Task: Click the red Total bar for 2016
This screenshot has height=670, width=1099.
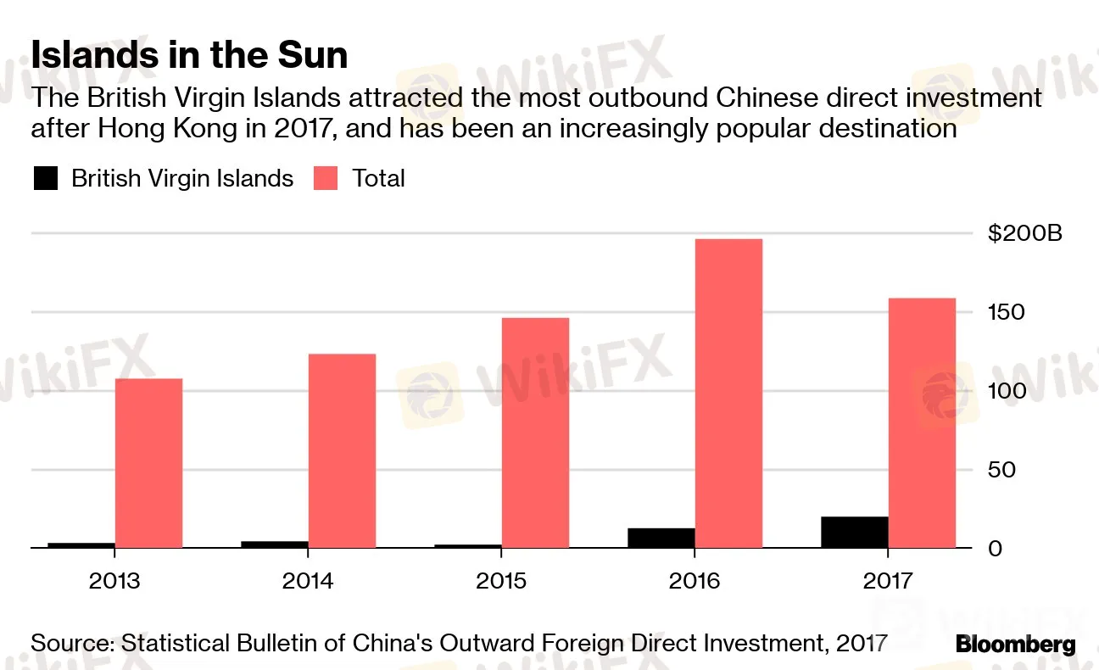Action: click(728, 394)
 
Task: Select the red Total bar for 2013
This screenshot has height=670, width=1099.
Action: click(148, 463)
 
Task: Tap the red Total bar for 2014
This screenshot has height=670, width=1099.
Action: click(342, 450)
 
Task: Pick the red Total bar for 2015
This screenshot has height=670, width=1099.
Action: click(535, 433)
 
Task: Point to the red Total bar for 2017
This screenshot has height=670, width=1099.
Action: click(922, 423)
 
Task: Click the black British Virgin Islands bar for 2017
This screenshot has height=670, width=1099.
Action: click(854, 533)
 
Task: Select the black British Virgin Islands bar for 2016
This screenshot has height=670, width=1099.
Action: click(661, 539)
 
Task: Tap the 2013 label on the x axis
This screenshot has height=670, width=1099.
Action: click(115, 581)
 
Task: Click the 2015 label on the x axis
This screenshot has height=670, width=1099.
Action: click(501, 581)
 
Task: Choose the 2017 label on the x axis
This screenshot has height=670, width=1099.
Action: click(888, 581)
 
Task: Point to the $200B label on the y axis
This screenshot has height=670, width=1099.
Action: click(1024, 233)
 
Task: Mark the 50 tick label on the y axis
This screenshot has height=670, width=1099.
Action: click(1001, 470)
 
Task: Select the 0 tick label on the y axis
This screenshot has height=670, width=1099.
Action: click(995, 549)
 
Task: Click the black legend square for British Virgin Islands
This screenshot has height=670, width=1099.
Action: click(46, 178)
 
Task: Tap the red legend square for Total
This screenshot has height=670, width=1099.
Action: click(326, 178)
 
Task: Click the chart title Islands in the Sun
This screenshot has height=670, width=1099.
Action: click(189, 56)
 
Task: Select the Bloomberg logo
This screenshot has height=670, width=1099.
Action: click(1015, 644)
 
